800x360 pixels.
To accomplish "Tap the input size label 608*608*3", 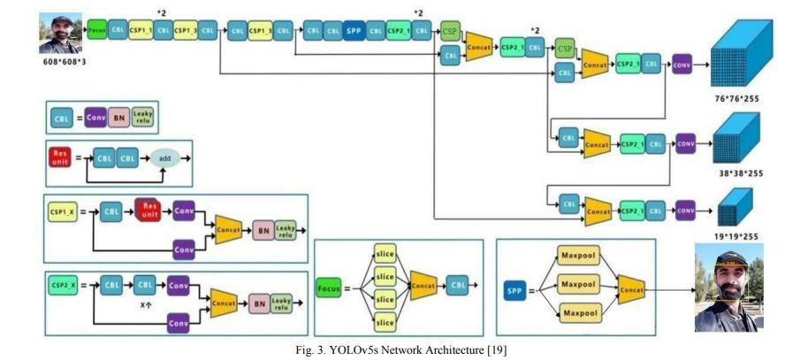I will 59,65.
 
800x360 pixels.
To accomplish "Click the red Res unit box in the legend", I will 59,159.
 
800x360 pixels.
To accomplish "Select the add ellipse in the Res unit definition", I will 164,159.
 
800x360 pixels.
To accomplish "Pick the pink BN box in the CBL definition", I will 118,119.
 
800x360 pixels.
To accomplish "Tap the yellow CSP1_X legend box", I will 64,213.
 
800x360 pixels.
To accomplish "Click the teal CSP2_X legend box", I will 64,287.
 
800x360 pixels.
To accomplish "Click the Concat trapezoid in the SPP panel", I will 630,287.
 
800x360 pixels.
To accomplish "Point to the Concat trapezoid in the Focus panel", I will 423,287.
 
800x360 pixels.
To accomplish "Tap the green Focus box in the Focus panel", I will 329,287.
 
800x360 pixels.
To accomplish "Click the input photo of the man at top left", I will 59,33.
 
